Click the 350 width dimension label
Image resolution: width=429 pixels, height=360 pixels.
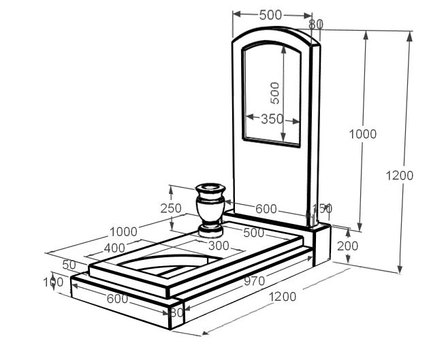point(272,119)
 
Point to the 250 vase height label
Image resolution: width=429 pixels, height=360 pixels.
point(171,208)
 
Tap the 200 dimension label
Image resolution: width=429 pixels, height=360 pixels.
point(347,246)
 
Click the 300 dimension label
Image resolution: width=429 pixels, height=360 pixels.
point(218,246)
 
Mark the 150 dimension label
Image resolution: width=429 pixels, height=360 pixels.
point(322,208)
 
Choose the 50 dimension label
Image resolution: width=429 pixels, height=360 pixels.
point(69,264)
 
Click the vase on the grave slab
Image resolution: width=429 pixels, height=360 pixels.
point(210,208)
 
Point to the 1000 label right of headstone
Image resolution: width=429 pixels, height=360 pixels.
point(363,134)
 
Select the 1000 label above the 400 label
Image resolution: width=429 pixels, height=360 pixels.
point(123,231)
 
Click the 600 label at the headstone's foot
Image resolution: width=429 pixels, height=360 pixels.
point(266,210)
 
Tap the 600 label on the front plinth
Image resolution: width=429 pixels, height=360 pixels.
point(117,298)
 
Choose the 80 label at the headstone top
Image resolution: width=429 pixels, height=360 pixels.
point(316,24)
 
